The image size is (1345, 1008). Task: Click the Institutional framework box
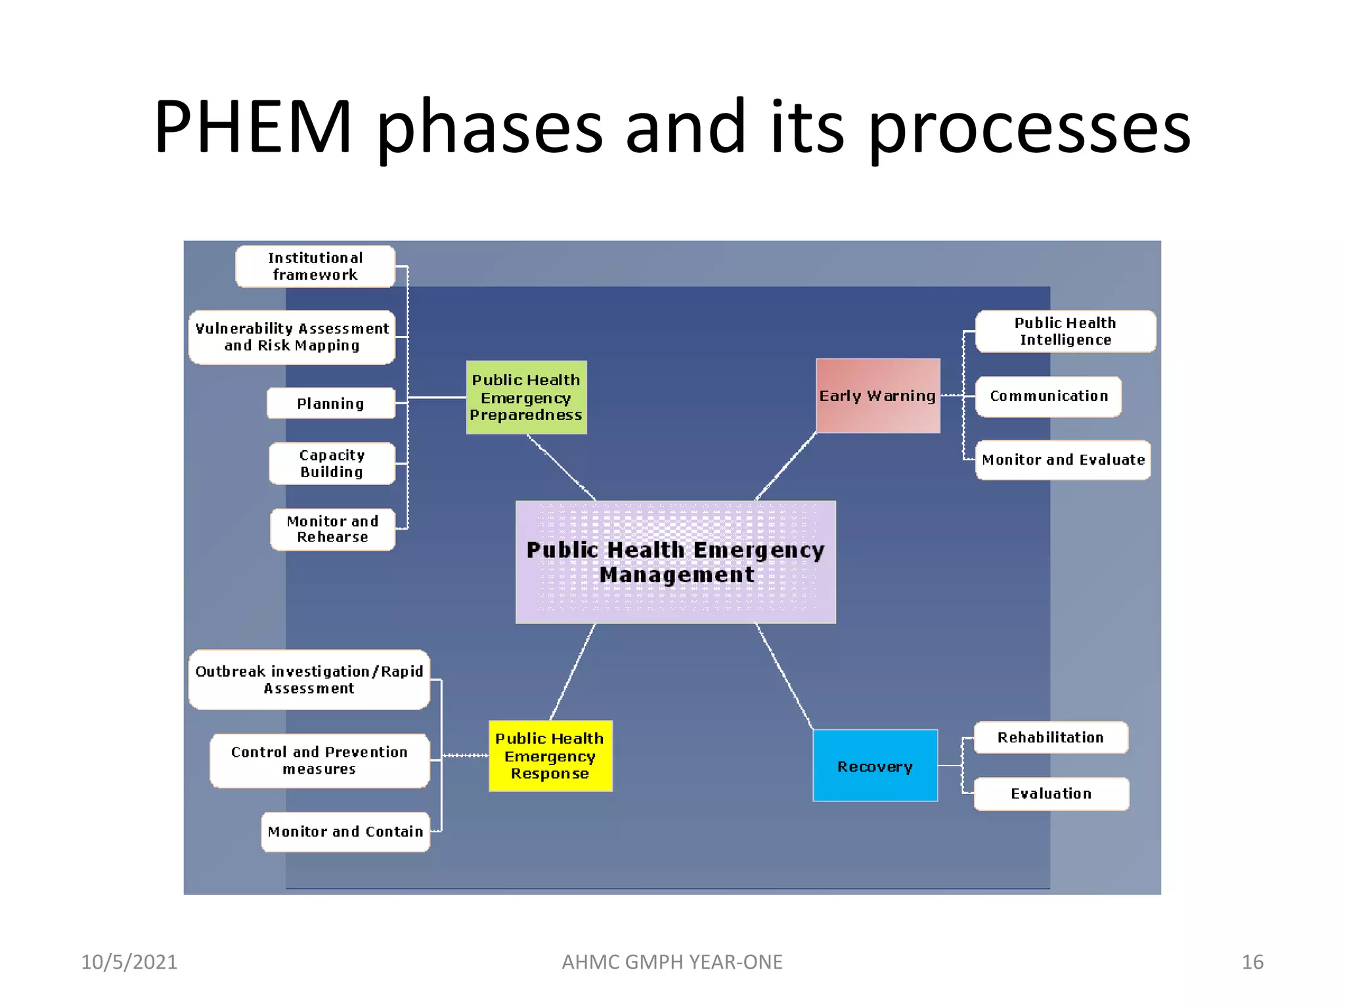point(315,266)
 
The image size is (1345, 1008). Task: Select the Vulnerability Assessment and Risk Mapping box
point(292,337)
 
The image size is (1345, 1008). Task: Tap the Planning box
point(331,404)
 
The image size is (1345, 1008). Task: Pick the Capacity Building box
point(332,463)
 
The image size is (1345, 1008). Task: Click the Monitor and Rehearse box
point(333,529)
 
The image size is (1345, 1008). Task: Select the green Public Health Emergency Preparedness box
point(526,398)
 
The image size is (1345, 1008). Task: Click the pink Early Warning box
point(877,396)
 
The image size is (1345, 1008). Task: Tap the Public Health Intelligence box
point(1065,331)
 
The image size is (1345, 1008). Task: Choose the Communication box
point(1049,396)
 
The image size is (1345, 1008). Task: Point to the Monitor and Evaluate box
point(1063,460)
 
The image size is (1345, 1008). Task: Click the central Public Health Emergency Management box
point(676,562)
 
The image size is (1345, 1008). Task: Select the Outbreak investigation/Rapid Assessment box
point(309,680)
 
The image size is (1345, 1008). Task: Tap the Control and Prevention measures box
point(320,761)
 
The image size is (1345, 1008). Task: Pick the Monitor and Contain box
point(345,832)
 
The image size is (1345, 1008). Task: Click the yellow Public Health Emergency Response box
point(550,756)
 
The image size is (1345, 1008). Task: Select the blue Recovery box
point(875,766)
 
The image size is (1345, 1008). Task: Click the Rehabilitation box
point(1051,738)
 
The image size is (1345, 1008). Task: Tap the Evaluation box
point(1051,794)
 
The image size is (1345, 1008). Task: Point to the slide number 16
point(1252,962)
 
